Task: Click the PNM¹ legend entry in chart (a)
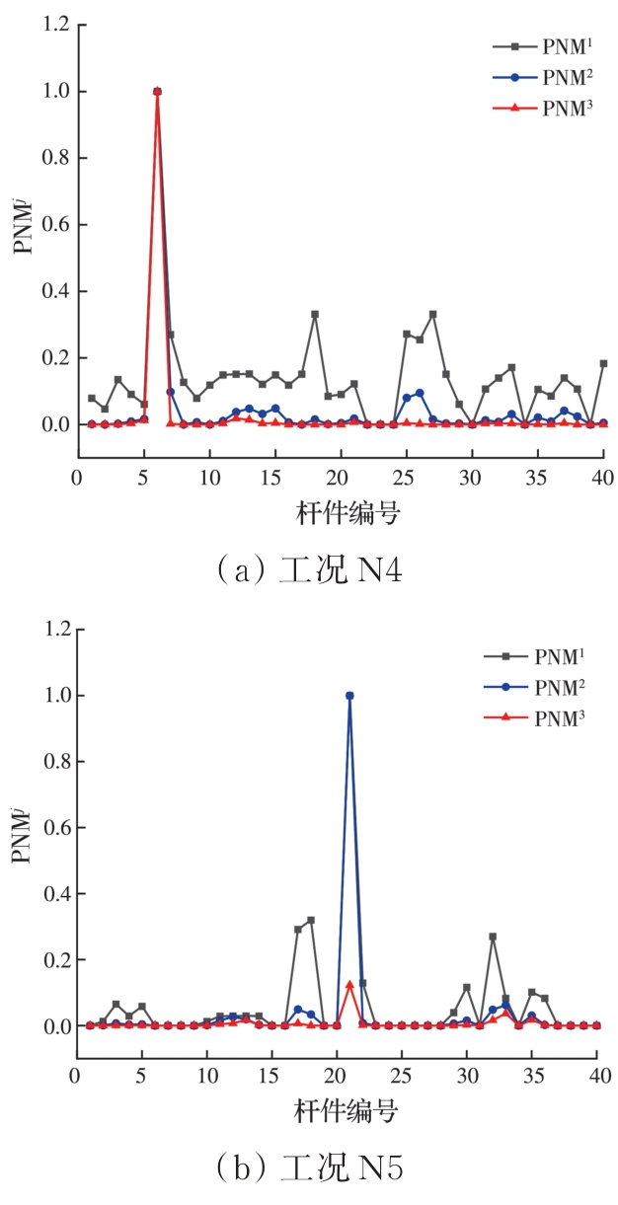541,45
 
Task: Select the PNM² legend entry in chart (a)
541,77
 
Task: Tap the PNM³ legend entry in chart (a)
541,109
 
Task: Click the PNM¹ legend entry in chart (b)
533,655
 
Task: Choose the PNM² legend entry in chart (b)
533,687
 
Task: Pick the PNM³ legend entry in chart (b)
533,718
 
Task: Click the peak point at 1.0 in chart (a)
157,92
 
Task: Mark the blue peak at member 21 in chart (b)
349,696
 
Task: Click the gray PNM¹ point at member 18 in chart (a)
315,314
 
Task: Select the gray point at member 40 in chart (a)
603,363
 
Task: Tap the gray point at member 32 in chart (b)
493,937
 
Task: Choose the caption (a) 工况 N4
309,569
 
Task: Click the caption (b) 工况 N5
309,1169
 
